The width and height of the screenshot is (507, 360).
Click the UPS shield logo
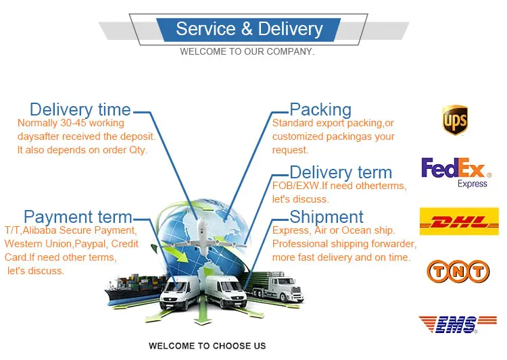(455, 120)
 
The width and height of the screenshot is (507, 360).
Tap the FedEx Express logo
(454, 172)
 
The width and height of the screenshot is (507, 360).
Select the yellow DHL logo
(459, 222)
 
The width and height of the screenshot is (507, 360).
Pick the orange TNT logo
(458, 272)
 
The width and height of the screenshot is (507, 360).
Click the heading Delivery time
(80, 109)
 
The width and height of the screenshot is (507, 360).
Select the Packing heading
(320, 109)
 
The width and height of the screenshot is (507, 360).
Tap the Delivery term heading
(341, 172)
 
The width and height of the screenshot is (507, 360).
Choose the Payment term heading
(78, 217)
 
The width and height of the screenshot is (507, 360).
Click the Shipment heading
(327, 217)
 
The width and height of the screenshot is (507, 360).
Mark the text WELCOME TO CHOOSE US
(207, 346)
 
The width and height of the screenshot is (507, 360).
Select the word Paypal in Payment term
(90, 243)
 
